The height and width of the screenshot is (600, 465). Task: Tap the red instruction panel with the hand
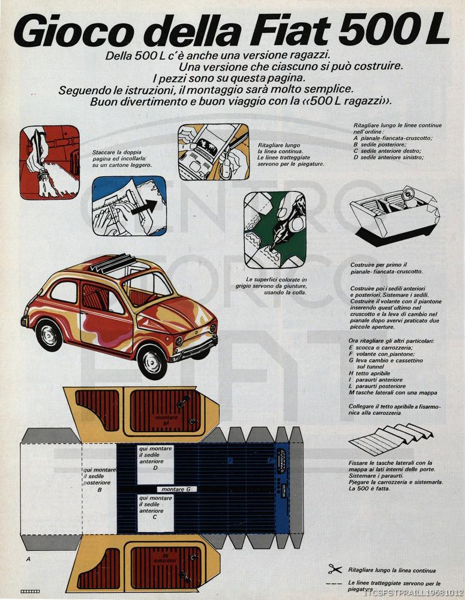(49, 162)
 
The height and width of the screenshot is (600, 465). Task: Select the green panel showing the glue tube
(275, 230)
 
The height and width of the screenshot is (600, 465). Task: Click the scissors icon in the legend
(335, 569)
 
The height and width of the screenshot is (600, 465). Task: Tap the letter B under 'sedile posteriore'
(99, 490)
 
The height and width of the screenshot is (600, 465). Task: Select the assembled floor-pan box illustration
(394, 213)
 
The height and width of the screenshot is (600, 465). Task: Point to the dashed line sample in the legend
(335, 583)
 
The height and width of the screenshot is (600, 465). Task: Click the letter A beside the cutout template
(28, 559)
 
